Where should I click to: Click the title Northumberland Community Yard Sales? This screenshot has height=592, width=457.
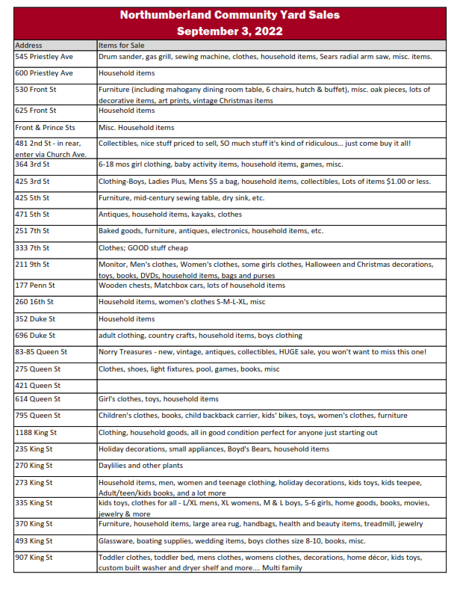pyautogui.click(x=229, y=15)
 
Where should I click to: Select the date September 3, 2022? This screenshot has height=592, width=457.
pyautogui.click(x=229, y=31)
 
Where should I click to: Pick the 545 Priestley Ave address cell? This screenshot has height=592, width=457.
pyautogui.click(x=44, y=57)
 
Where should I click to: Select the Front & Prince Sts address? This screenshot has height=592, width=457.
pyautogui.click(x=46, y=128)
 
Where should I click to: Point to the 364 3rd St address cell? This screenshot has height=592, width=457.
pyautogui.click(x=33, y=164)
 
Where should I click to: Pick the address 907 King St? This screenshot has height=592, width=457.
pyautogui.click(x=34, y=558)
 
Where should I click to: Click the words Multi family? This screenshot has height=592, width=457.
pyautogui.click(x=280, y=568)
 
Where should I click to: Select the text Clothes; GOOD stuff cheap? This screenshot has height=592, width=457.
pyautogui.click(x=143, y=247)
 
